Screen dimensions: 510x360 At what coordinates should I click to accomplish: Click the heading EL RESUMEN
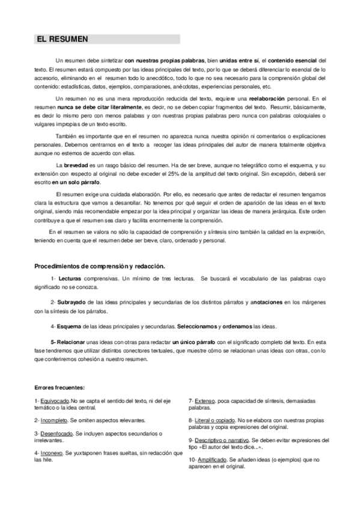pyautogui.click(x=63, y=39)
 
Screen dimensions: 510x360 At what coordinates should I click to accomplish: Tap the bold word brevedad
pyautogui.click(x=76, y=165)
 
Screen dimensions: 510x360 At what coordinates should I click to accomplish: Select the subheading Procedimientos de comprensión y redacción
pyautogui.click(x=100, y=266)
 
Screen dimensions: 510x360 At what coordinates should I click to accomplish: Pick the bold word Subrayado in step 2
pyautogui.click(x=73, y=302)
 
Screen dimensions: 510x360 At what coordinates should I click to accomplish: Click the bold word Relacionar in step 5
pyautogui.click(x=75, y=342)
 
